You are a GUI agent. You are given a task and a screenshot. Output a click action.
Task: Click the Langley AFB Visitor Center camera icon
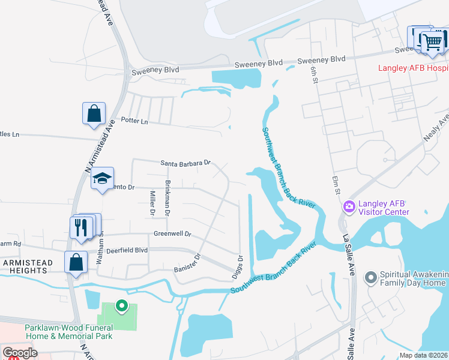click(x=349, y=207)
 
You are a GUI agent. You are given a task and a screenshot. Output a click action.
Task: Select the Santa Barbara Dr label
click(x=186, y=163)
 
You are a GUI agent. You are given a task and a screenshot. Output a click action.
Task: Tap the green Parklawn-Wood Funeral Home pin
click(x=121, y=307)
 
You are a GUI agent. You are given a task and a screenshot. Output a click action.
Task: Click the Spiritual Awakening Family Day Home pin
click(x=371, y=277)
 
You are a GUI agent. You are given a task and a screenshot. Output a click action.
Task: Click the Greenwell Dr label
click(x=172, y=234)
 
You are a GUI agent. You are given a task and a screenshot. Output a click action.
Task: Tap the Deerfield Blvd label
click(x=124, y=250)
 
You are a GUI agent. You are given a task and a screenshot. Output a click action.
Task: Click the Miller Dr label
click(x=152, y=203)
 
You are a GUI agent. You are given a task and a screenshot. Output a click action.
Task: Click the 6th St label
click(x=313, y=75)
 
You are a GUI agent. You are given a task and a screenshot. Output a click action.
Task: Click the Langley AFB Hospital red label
click(x=412, y=68)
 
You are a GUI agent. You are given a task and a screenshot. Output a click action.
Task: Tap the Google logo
click(x=20, y=353)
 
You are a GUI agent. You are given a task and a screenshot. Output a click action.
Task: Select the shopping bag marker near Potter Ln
click(x=94, y=113)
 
